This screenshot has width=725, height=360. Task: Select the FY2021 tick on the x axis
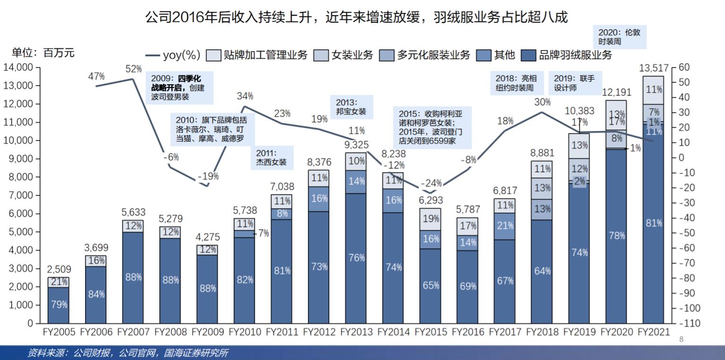(x=654, y=332)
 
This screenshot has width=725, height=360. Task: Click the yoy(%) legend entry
(x=174, y=55)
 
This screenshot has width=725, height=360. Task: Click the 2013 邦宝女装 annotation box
(x=351, y=107)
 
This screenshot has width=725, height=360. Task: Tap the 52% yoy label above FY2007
(x=133, y=69)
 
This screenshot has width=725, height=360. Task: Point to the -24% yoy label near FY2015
(x=431, y=183)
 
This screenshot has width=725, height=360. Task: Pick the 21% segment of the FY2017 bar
(x=505, y=226)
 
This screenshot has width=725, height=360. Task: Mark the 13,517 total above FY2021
(x=653, y=69)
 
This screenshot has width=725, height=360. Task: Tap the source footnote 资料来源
(x=128, y=353)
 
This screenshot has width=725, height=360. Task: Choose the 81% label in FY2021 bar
(x=654, y=223)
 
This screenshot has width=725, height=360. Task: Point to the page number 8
(x=681, y=339)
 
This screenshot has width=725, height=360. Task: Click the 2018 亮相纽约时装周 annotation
(x=517, y=83)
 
